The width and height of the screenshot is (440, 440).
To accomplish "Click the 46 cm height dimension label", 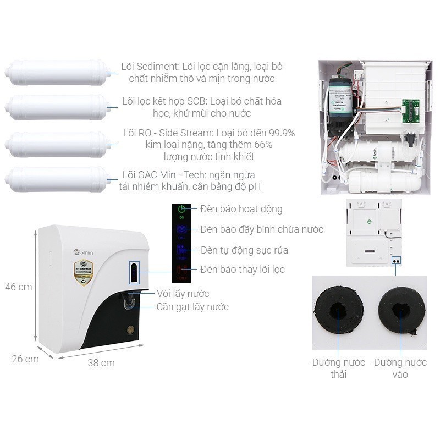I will [x=19, y=287].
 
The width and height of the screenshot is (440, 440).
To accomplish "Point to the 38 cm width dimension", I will [x=101, y=363].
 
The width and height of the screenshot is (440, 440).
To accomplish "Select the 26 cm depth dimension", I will [x=25, y=359].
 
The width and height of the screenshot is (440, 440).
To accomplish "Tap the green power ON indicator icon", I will [x=182, y=210].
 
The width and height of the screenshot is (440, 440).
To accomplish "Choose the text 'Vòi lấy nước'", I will [x=183, y=294].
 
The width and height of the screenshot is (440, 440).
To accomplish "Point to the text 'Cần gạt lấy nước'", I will [x=193, y=307].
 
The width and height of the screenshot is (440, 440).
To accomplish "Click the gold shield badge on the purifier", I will [x=84, y=273].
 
